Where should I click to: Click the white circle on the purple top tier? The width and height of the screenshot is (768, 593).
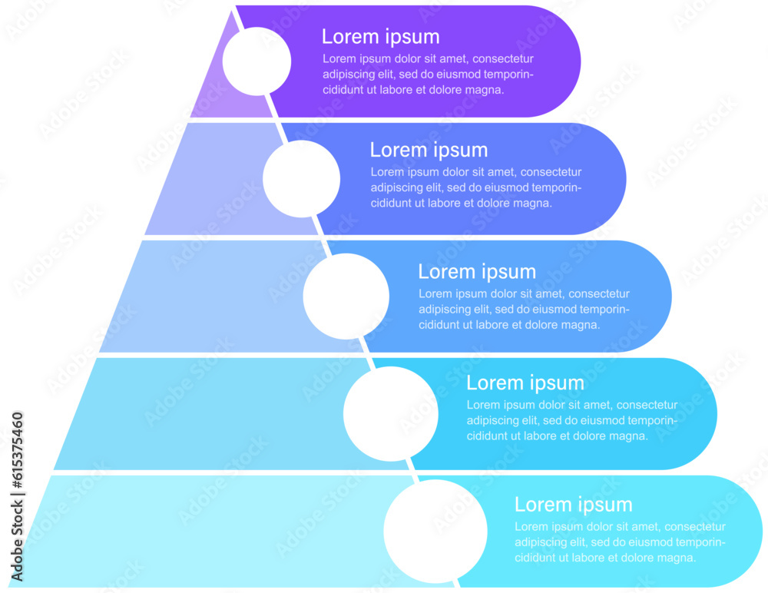(x=257, y=61)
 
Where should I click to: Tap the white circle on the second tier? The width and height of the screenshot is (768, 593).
(x=301, y=178)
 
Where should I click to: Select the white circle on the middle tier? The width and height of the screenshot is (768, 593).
(x=346, y=296)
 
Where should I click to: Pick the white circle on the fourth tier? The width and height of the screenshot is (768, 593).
(x=390, y=414)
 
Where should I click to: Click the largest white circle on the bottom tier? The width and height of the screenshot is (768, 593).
(x=435, y=532)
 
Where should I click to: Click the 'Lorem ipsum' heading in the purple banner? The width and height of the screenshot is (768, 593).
(x=380, y=37)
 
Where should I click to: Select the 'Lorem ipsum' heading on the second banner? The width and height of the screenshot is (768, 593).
(x=429, y=150)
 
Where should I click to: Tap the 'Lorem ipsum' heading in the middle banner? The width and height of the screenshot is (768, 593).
(x=477, y=271)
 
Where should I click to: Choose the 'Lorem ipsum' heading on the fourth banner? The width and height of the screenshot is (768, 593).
(x=525, y=383)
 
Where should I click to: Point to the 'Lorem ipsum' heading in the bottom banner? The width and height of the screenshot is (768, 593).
(x=573, y=505)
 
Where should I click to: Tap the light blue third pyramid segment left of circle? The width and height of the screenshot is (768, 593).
(x=207, y=300)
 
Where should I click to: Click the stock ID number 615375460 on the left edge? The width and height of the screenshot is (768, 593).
(x=17, y=497)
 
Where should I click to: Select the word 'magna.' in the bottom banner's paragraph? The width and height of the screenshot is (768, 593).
(x=678, y=558)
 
